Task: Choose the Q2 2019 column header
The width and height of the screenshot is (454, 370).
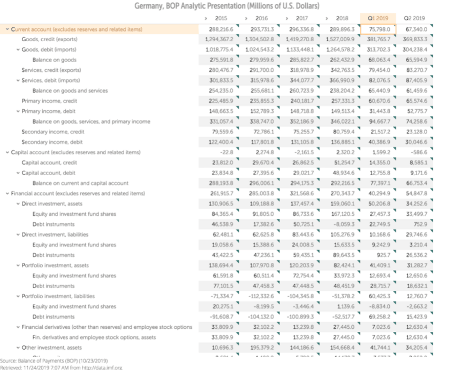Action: coord(414,19)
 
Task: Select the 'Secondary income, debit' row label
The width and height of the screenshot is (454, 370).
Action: coord(52,142)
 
